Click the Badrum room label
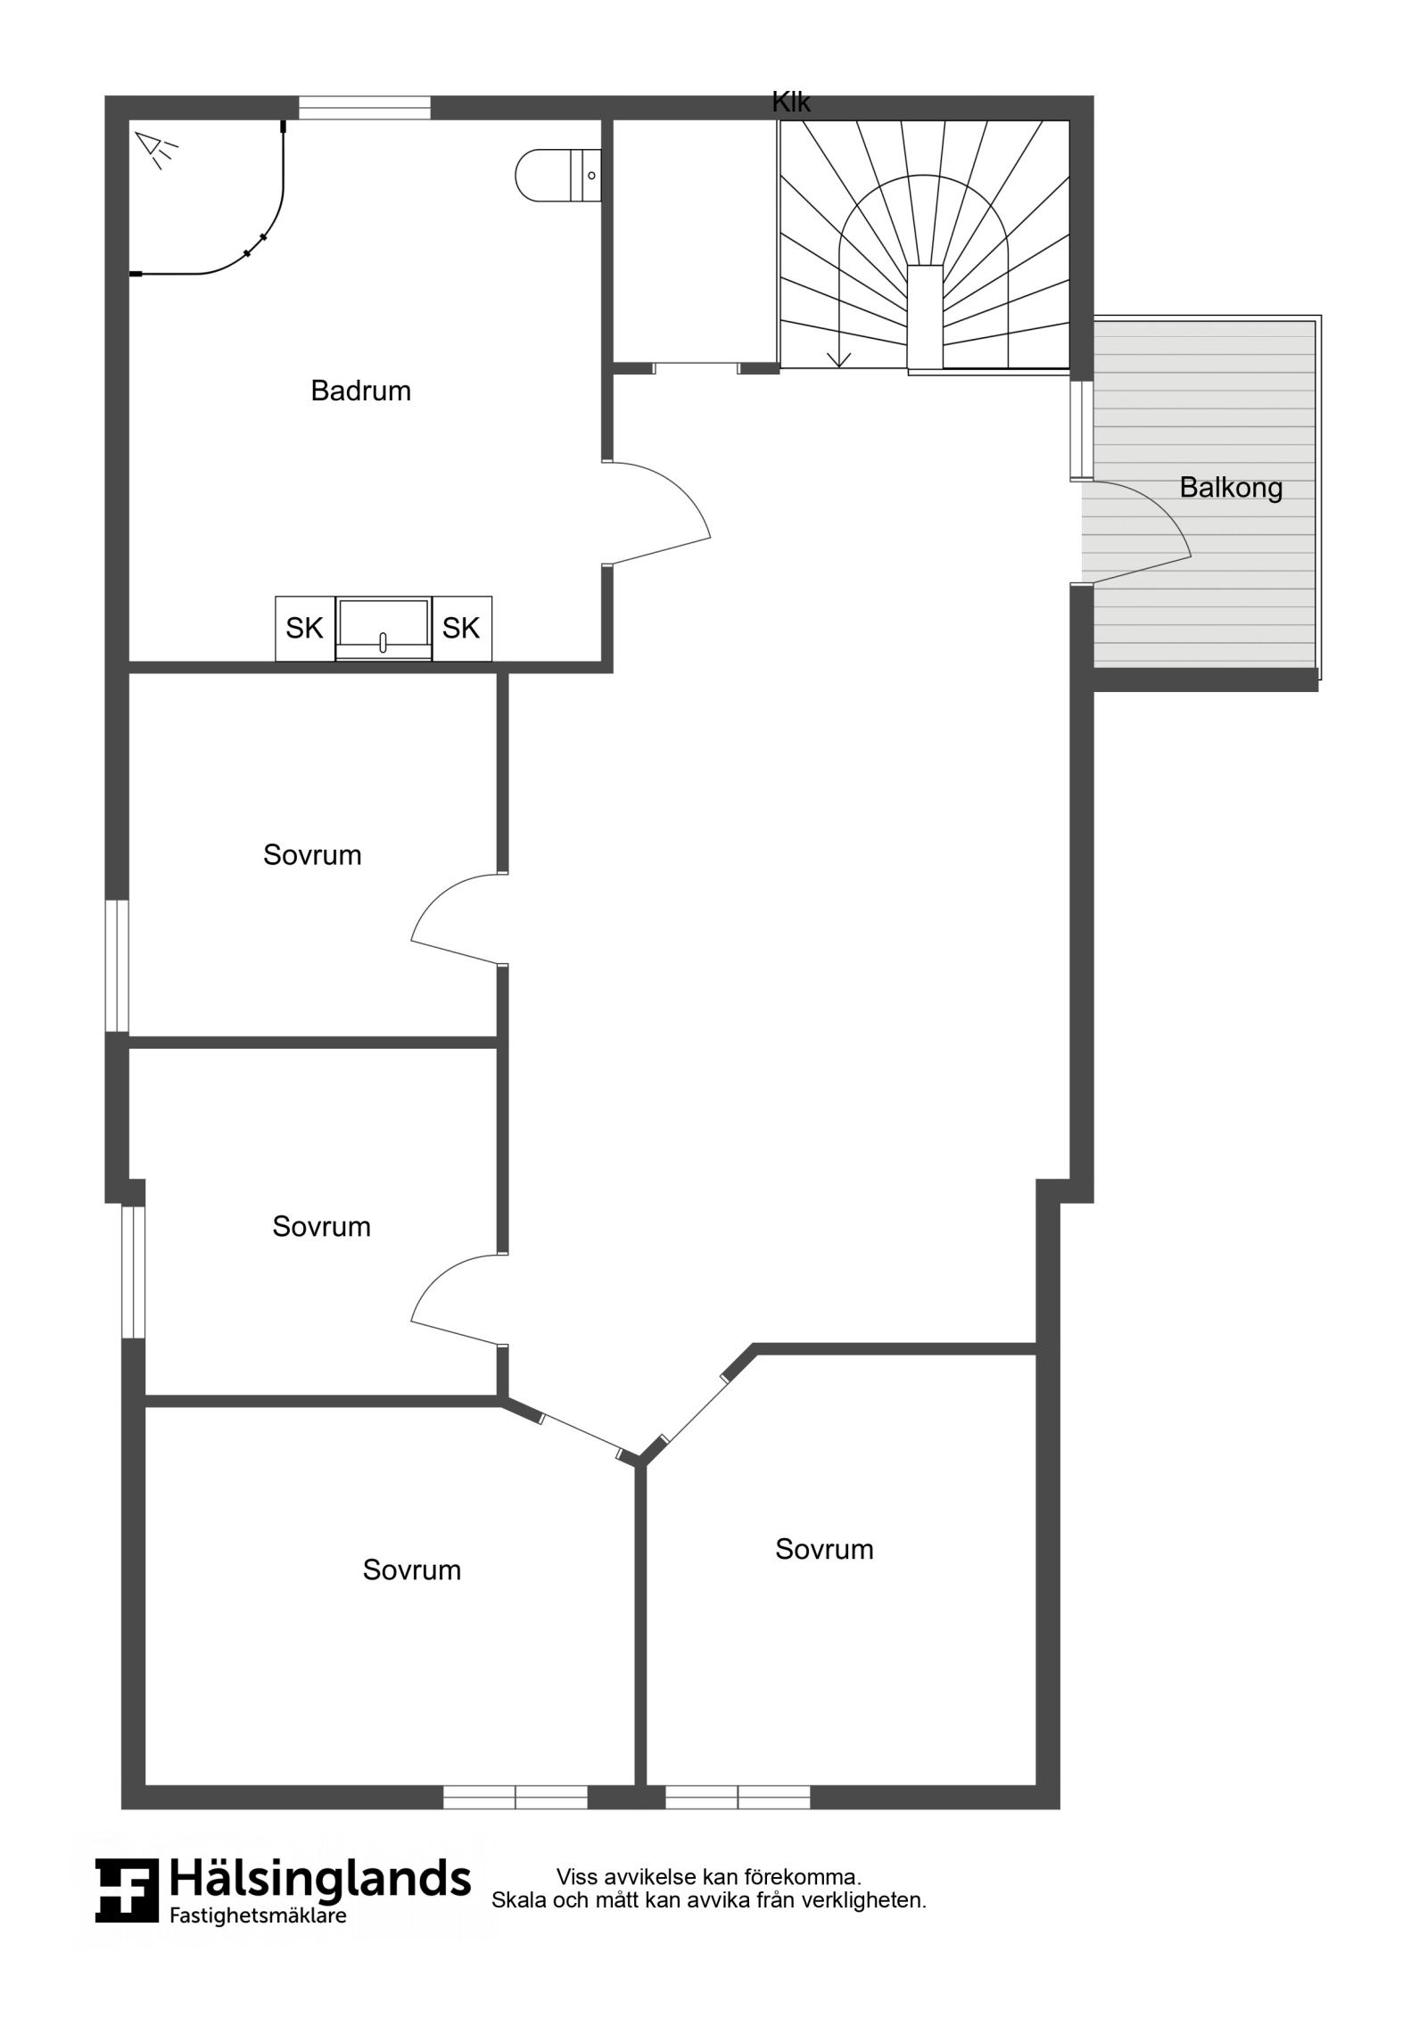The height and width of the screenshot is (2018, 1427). click(x=360, y=391)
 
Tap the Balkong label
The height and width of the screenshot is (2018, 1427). click(x=1231, y=488)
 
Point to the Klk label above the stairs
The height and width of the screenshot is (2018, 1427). click(x=791, y=103)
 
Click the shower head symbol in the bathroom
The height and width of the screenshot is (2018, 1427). click(x=156, y=149)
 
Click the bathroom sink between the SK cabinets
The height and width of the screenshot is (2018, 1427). click(x=384, y=629)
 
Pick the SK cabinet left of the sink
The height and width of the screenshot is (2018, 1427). click(x=305, y=629)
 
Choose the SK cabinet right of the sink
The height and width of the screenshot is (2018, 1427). click(x=462, y=629)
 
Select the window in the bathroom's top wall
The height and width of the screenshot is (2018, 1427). click(x=365, y=108)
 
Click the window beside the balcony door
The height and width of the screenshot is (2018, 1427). click(x=1082, y=430)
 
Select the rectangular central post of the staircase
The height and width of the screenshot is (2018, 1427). click(x=925, y=317)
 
